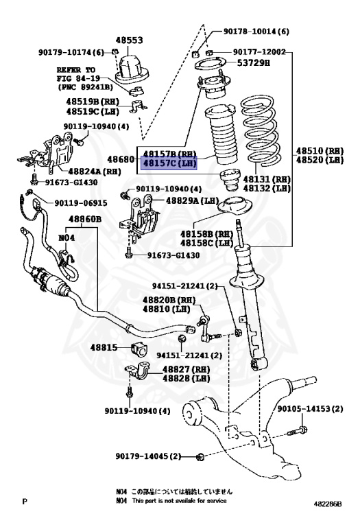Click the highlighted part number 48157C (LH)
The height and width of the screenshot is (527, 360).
[169, 163]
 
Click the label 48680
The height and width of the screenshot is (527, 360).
[123, 159]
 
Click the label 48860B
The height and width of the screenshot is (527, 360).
[84, 220]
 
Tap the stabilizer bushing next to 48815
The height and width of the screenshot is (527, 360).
[135, 348]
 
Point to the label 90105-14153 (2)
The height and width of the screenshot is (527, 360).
[310, 409]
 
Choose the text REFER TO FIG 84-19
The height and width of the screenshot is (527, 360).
[81, 74]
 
